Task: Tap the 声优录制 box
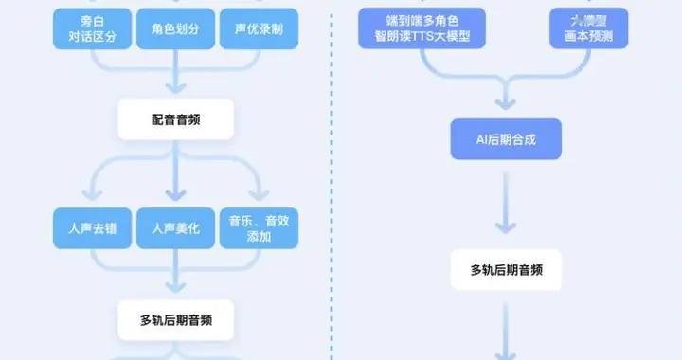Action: pyautogui.click(x=259, y=28)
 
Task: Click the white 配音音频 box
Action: pyautogui.click(x=175, y=120)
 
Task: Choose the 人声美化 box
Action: pyautogui.click(x=175, y=229)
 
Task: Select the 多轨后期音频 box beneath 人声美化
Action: pyautogui.click(x=175, y=320)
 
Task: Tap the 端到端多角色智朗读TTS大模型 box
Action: pyautogui.click(x=422, y=28)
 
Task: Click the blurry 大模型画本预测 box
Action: pyautogui.click(x=588, y=28)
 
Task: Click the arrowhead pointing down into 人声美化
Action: pyautogui.click(x=175, y=198)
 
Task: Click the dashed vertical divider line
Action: pyautogui.click(x=335, y=189)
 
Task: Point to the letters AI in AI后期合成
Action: pyautogui.click(x=480, y=140)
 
